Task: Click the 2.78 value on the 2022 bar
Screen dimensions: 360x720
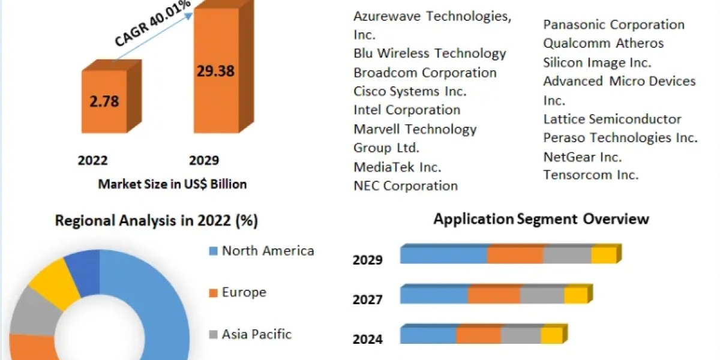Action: click(104, 100)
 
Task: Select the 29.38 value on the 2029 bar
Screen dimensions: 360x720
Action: click(215, 71)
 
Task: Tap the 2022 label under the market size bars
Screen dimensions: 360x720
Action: click(92, 160)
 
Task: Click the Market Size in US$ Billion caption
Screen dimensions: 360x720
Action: click(172, 184)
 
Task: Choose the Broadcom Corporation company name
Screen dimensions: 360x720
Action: click(425, 73)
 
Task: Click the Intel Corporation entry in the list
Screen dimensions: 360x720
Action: click(407, 110)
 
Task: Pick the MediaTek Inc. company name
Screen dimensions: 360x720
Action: click(397, 167)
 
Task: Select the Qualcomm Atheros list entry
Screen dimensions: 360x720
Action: click(604, 43)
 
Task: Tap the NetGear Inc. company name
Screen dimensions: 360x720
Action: click(583, 157)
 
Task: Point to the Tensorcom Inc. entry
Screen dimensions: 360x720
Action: click(591, 175)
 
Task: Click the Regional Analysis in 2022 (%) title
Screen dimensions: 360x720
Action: click(157, 221)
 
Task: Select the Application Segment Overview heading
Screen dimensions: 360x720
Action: click(541, 218)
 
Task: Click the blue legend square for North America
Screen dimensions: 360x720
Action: click(213, 251)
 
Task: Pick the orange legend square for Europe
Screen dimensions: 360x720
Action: click(213, 293)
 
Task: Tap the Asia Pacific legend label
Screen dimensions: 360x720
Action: click(257, 334)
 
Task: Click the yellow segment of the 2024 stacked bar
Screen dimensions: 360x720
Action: click(550, 335)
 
